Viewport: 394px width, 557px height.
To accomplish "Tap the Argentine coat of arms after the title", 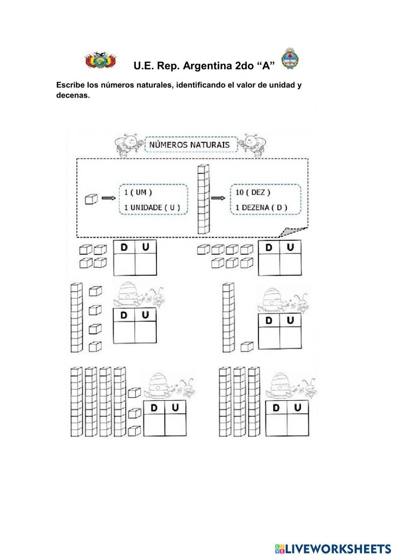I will point(290,59).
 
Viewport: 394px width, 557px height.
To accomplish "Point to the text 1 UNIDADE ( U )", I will point(152,207).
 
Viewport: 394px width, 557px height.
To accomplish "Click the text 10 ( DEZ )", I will point(253,192).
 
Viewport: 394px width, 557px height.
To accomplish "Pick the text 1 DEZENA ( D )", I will point(261,207).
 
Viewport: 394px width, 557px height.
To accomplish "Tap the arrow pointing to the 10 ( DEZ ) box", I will point(216,198).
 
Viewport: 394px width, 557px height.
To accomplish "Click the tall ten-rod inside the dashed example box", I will point(203,199).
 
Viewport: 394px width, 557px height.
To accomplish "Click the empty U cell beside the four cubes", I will point(146,265).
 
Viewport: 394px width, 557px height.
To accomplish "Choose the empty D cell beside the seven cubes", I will point(269,265).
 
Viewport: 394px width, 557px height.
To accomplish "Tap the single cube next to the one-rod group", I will point(247,346).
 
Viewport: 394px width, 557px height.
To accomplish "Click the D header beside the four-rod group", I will point(154,408).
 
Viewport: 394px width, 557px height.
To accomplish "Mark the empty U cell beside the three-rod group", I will point(298,424).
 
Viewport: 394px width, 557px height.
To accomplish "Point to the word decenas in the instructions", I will point(73,95).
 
